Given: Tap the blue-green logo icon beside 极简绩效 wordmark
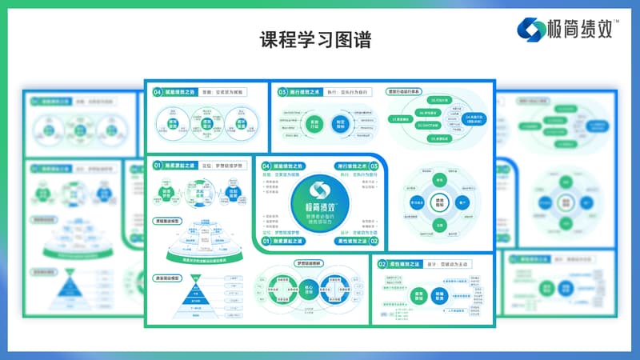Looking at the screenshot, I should pyautogui.click(x=530, y=30).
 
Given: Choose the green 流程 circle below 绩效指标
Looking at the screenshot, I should pyautogui.click(x=439, y=227).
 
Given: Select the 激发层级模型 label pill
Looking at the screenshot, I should pyautogui.click(x=170, y=278).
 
